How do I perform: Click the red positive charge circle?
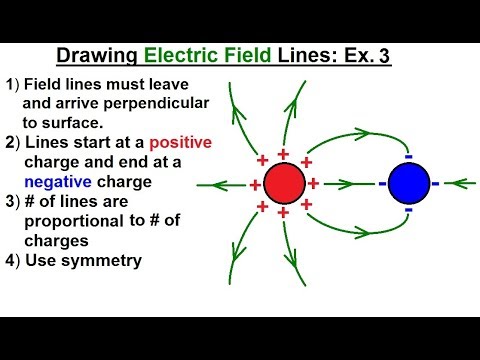(285, 183)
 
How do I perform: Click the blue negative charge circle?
(408, 183)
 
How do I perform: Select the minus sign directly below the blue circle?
(408, 210)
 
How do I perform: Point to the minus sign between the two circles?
(382, 183)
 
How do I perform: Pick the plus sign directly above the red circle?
(283, 154)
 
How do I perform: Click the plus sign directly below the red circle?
(283, 213)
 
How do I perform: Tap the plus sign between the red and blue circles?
(314, 183)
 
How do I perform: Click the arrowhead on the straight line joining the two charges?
(349, 183)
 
